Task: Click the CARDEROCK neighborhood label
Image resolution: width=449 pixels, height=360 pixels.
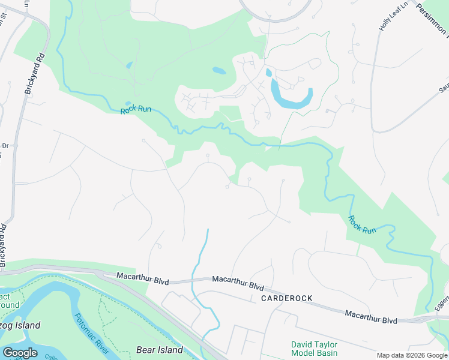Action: [286, 298]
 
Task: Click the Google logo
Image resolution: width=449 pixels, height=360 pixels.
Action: [20, 352]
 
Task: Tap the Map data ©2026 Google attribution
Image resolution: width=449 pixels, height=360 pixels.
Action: [412, 355]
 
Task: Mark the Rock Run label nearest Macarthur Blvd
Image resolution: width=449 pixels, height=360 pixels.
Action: [363, 225]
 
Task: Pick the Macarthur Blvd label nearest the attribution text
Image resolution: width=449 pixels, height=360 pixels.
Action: [371, 317]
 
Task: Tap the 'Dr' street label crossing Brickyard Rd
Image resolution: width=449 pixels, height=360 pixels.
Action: [5, 146]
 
